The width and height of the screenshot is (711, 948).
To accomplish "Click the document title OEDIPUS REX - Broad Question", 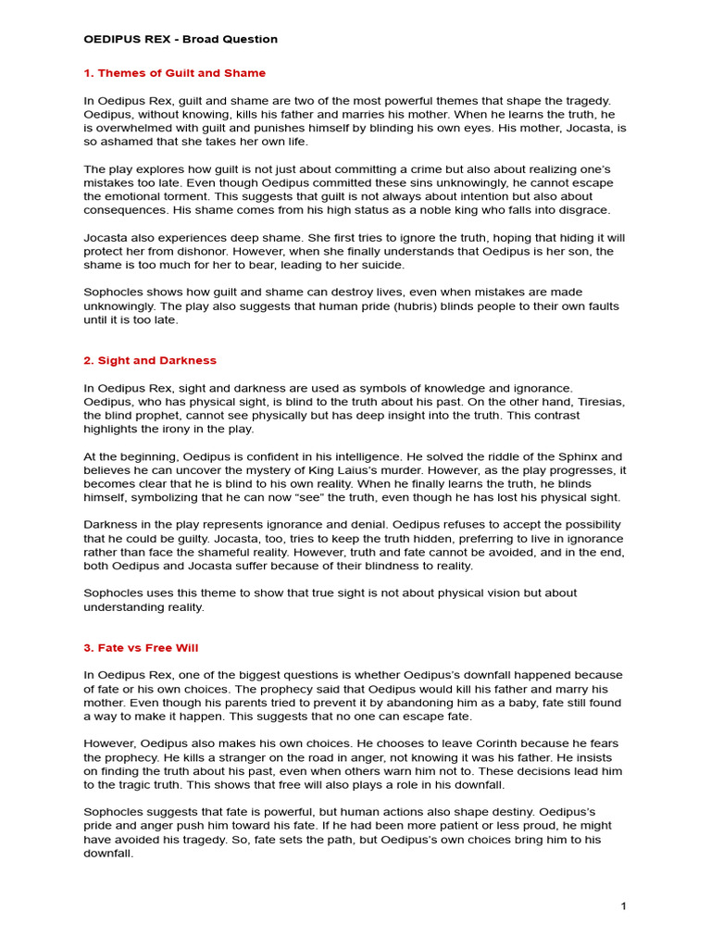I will [x=181, y=39].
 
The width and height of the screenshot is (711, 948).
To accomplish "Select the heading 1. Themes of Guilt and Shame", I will [x=174, y=73].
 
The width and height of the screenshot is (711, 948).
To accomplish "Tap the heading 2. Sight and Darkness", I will [x=150, y=360].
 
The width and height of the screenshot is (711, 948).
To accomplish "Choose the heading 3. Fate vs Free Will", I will [x=141, y=647].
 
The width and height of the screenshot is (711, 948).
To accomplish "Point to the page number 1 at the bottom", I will [x=624, y=905].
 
